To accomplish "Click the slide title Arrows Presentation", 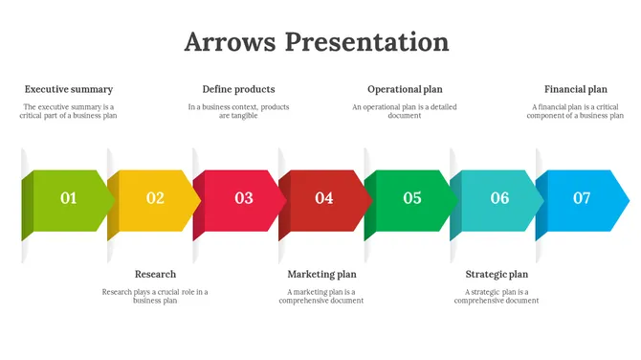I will coord(317,42).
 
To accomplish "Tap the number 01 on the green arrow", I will coord(69,198).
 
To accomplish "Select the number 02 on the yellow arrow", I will coord(155,198).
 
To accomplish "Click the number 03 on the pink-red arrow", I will coord(244,198).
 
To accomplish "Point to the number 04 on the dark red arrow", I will coord(324,198).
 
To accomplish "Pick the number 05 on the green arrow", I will coord(412,198).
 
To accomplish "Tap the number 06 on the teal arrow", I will coord(500,198).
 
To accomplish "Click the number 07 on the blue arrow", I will coord(582,198).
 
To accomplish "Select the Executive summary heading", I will coord(69,89).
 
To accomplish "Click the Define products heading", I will coord(238,89).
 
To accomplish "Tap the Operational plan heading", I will coord(405,89).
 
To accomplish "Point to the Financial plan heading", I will coord(576,89).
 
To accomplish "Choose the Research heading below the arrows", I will coord(155,274).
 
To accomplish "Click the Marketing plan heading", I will coord(321,274).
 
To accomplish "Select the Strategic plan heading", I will coord(497,274).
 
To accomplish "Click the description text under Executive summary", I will coord(69,111).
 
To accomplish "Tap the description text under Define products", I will coord(238,111).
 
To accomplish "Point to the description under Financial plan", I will coord(576,111).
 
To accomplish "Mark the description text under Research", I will coord(155,296).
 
